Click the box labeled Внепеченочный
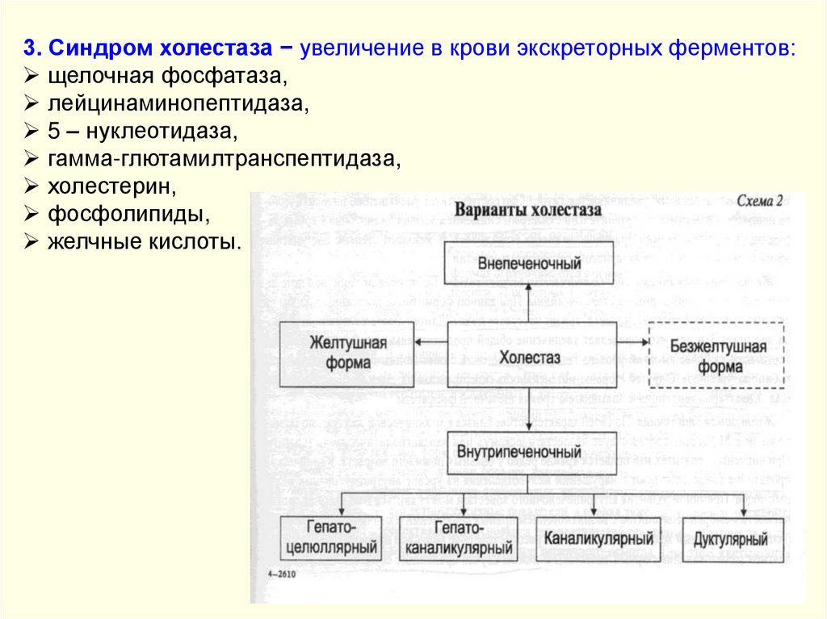point(530,264)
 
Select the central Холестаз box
point(530,355)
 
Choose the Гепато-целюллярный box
point(331,538)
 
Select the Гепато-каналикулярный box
point(458,538)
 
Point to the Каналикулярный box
point(598,537)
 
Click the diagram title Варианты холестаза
point(529,210)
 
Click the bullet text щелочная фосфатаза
point(168,77)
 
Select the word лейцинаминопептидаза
point(179,105)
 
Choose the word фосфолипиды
point(128,214)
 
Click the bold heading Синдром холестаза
point(157,48)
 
